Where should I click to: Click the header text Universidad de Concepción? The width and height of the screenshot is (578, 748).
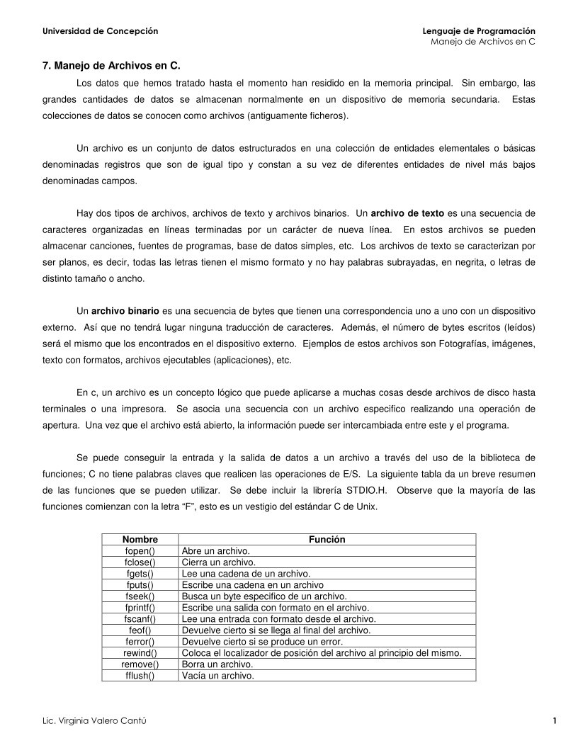(101, 31)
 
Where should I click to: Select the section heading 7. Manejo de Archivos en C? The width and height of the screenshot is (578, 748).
(111, 66)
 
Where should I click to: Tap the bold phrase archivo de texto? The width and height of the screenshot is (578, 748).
(407, 212)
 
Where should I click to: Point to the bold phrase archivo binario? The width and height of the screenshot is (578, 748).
(125, 310)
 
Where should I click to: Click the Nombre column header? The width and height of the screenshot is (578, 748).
(140, 540)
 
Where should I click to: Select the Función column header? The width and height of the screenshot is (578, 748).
(327, 540)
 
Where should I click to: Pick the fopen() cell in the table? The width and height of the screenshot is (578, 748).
(140, 551)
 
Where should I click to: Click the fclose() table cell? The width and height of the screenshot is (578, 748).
(140, 562)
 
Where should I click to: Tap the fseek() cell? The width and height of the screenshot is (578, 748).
(140, 596)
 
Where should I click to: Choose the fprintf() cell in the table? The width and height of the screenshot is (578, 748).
(140, 608)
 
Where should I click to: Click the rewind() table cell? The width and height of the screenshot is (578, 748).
(140, 653)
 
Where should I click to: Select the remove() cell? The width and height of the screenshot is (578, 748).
(140, 664)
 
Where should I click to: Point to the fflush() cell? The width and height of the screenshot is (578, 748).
(140, 676)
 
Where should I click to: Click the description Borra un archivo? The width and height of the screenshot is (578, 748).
(217, 664)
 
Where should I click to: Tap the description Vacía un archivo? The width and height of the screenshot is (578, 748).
(218, 676)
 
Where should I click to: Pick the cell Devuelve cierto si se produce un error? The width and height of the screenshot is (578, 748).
(262, 642)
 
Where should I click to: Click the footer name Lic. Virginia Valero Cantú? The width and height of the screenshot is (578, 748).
(96, 721)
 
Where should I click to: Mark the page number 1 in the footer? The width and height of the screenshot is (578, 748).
(554, 721)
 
